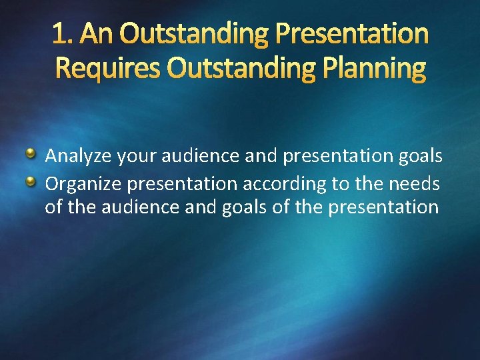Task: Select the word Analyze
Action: click(x=78, y=157)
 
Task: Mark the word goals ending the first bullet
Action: click(x=419, y=157)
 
